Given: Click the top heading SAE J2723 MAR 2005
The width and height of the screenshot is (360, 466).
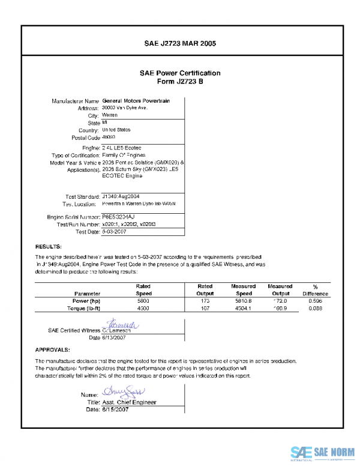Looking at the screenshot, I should point(180,43).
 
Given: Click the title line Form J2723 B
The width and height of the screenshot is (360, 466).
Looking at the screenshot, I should point(180,81).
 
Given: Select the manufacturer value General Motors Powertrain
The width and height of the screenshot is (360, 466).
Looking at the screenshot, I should point(136,101).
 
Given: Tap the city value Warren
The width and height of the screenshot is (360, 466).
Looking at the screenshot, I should point(110,115).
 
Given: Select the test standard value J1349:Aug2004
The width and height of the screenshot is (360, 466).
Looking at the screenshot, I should point(121,196).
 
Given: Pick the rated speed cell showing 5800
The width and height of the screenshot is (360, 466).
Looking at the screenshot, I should point(143,300).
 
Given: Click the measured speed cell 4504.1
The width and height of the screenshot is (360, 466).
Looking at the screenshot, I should point(243,308).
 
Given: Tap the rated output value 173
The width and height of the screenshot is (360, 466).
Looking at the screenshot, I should point(205,300).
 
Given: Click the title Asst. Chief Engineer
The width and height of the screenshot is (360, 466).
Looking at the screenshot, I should point(129,402).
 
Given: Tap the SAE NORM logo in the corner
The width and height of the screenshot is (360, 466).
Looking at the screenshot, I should point(323,453).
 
